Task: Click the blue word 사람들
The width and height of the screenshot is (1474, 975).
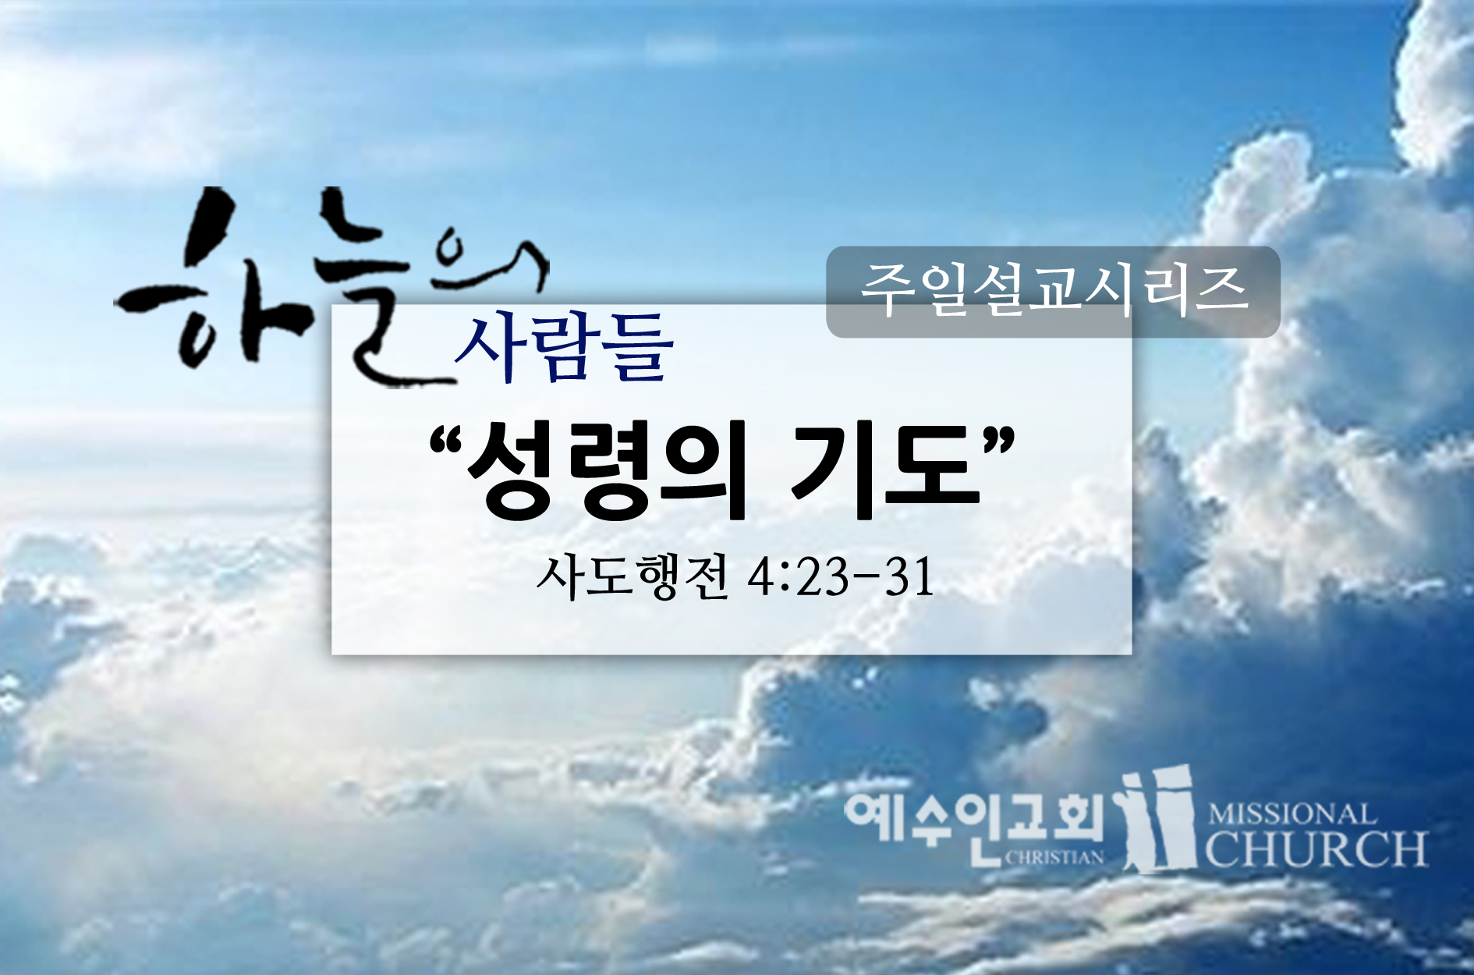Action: click(563, 348)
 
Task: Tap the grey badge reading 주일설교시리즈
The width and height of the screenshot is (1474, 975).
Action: click(1053, 292)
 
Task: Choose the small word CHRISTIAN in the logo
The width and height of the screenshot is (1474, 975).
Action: click(1054, 857)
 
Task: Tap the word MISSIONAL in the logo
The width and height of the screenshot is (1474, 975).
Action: click(1292, 815)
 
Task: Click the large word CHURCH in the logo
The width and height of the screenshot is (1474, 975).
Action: click(1317, 849)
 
